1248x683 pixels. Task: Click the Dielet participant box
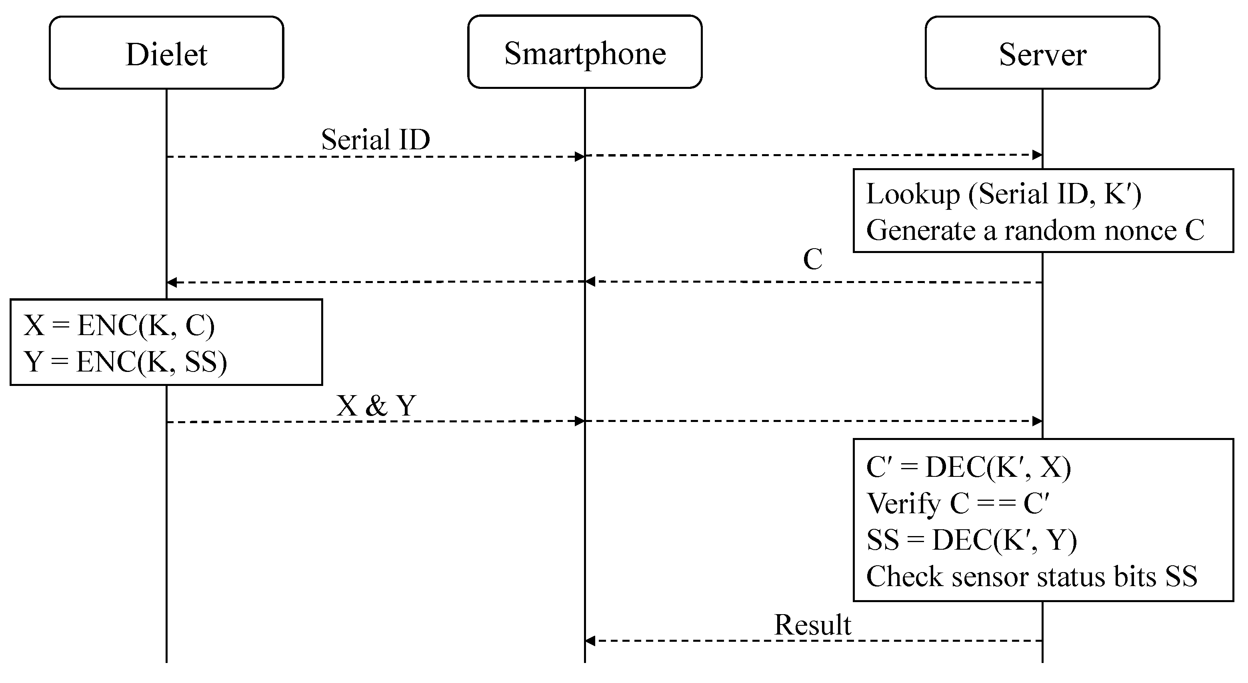click(166, 53)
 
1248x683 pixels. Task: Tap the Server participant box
click(1042, 53)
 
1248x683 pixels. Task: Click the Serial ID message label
click(376, 140)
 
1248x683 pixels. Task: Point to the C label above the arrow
click(812, 259)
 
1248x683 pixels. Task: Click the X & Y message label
click(376, 405)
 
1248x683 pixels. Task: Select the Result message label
click(812, 625)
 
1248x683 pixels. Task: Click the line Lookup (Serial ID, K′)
click(1003, 194)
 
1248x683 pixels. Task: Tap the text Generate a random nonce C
click(1035, 230)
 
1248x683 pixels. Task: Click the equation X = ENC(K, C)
click(119, 325)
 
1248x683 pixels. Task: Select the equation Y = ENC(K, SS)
click(125, 362)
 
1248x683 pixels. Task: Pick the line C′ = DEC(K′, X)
click(968, 467)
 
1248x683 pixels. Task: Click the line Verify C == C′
click(958, 504)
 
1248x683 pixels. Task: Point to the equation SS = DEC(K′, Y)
click(971, 540)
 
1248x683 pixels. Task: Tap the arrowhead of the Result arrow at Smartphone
click(590, 641)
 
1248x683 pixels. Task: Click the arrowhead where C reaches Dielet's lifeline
click(172, 282)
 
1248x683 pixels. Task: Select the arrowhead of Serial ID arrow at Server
click(1037, 155)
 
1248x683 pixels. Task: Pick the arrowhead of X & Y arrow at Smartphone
click(580, 421)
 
